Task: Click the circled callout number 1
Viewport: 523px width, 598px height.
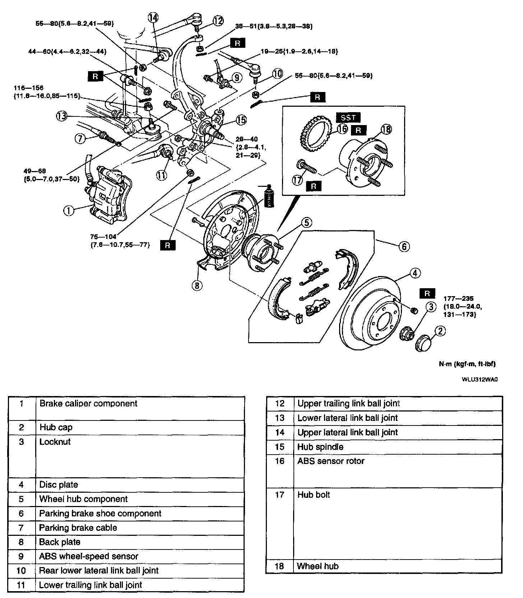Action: pyautogui.click(x=69, y=211)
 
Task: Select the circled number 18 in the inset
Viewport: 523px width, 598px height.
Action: pyautogui.click(x=387, y=129)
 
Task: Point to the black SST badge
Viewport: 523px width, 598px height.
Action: pyautogui.click(x=348, y=118)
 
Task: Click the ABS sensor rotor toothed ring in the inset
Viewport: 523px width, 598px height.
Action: pyautogui.click(x=316, y=134)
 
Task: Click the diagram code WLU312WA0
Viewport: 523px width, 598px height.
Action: pyautogui.click(x=480, y=379)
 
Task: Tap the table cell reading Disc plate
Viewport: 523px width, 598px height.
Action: pyautogui.click(x=59, y=484)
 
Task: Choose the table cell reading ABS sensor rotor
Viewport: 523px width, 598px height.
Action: pyautogui.click(x=331, y=461)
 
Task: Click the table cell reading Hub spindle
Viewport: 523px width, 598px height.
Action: pyautogui.click(x=320, y=447)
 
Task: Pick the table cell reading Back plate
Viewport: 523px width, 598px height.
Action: pyautogui.click(x=60, y=542)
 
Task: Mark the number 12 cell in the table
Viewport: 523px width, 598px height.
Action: pyautogui.click(x=279, y=404)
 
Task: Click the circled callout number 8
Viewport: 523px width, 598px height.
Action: pyautogui.click(x=197, y=285)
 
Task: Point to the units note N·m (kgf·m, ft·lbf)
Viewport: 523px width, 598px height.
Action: pyautogui.click(x=467, y=364)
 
